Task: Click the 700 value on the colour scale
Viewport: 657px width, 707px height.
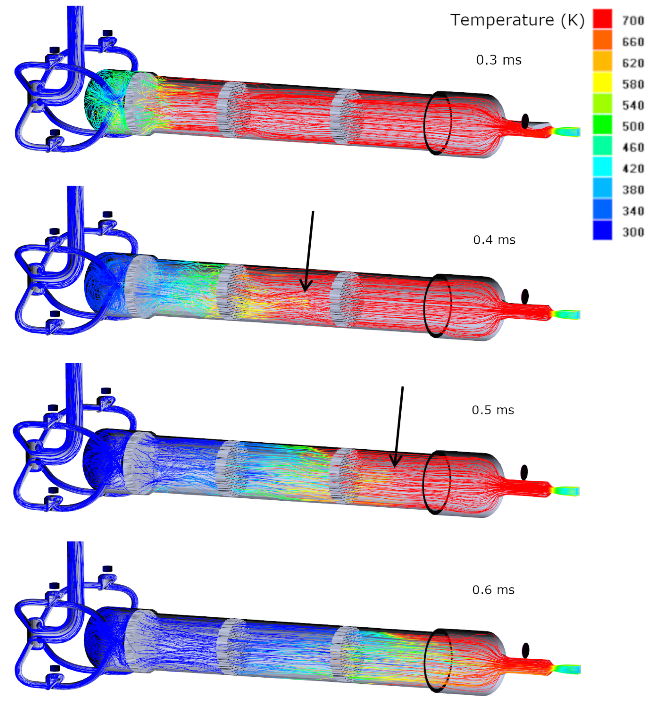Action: [633, 21]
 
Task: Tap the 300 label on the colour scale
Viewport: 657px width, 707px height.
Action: [633, 232]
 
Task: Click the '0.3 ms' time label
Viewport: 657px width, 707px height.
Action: [499, 60]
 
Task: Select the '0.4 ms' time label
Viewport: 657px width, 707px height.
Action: [494, 240]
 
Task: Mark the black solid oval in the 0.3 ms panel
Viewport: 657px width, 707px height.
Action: [525, 121]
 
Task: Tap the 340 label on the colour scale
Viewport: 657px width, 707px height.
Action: [633, 211]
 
